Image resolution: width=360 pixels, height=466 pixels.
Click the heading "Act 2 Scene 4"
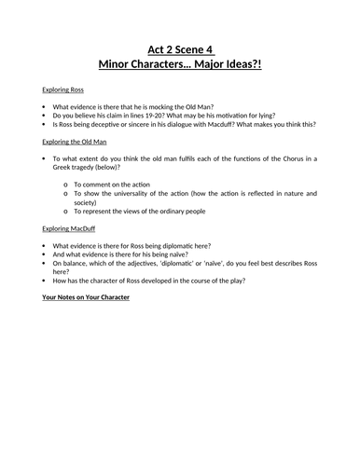click(x=180, y=48)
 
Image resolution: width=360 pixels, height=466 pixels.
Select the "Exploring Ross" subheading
click(x=61, y=90)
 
